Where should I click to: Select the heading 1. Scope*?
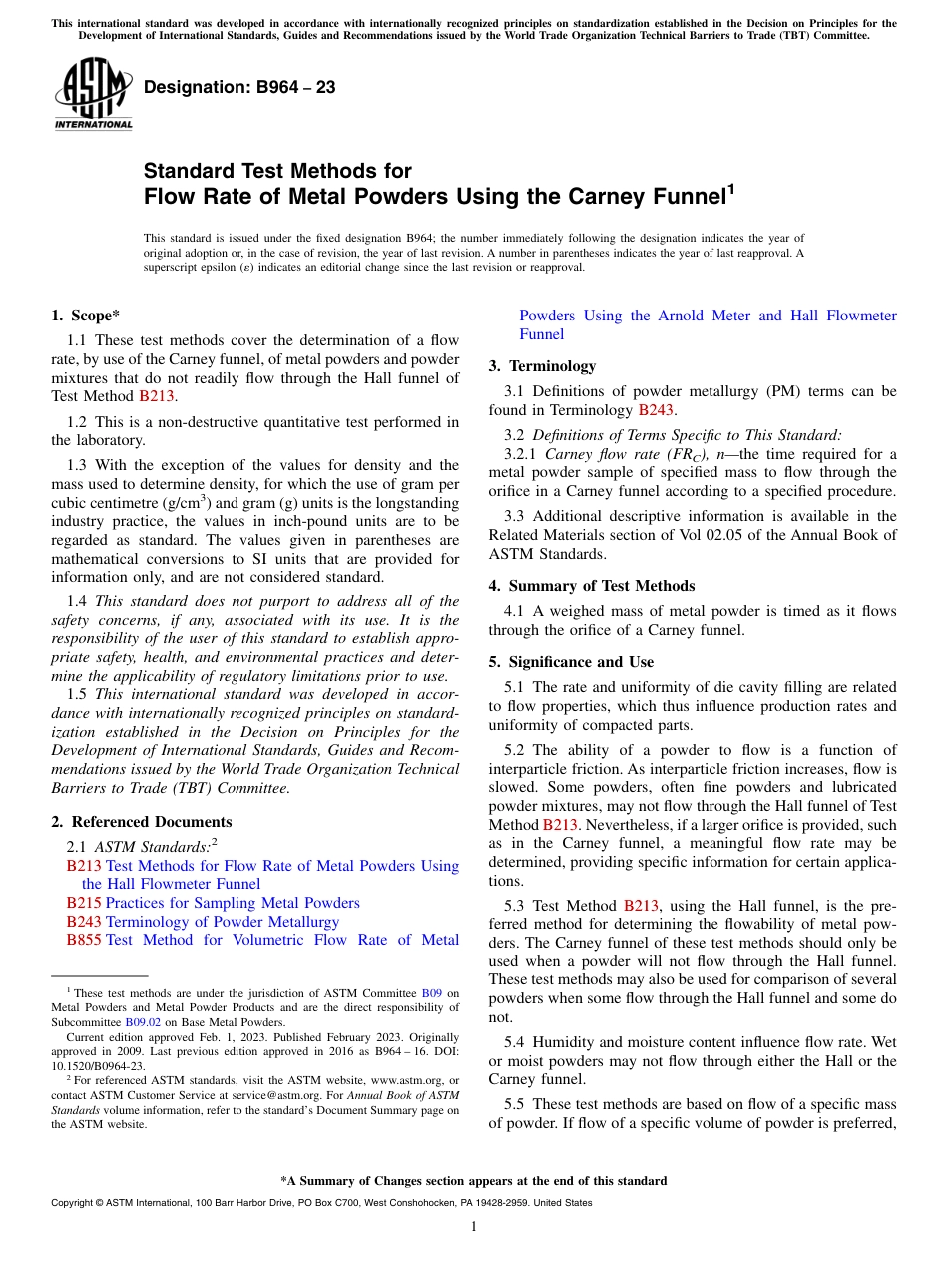(x=85, y=316)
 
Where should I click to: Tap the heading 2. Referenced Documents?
(x=141, y=822)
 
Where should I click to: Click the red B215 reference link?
(x=84, y=903)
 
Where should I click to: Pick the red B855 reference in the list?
(x=84, y=940)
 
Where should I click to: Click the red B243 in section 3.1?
(x=656, y=410)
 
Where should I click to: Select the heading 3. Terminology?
(x=542, y=366)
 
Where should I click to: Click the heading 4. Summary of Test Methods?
(x=591, y=586)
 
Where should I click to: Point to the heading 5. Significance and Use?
(x=571, y=662)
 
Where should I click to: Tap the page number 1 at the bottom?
(x=474, y=1226)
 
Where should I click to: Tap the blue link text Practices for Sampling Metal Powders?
(x=233, y=903)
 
